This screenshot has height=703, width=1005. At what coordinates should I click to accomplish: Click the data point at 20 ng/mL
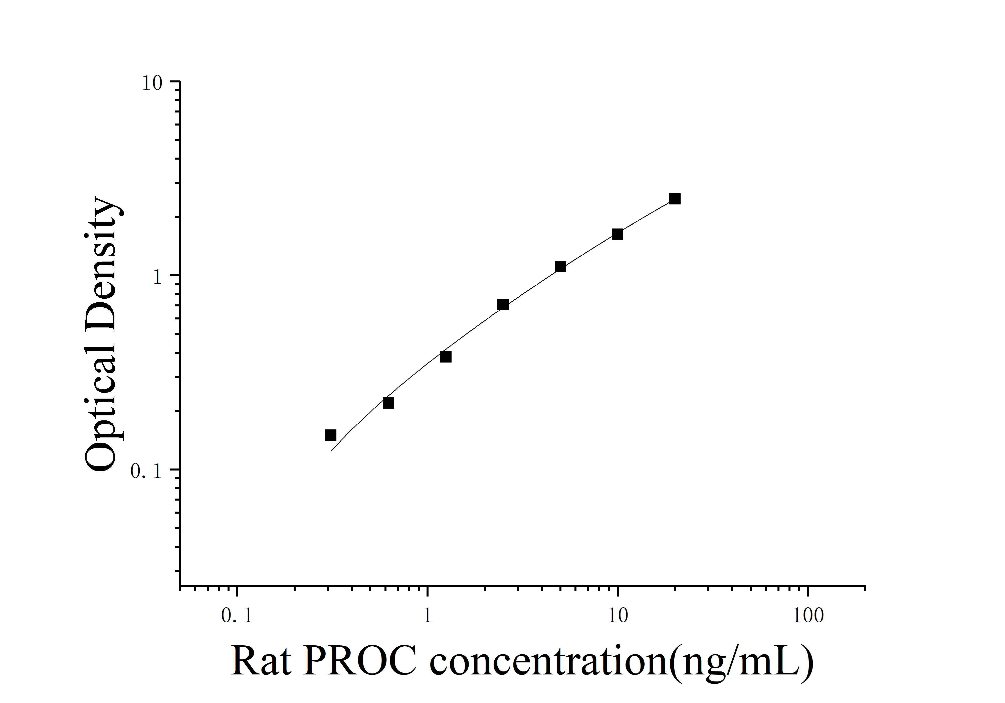[675, 199]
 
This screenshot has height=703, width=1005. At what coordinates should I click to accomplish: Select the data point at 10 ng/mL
[617, 234]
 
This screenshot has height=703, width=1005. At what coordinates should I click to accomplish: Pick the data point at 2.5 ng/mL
[503, 304]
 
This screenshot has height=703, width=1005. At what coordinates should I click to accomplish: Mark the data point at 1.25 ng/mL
[446, 357]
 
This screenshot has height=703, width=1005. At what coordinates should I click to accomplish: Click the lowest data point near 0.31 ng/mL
[330, 435]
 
